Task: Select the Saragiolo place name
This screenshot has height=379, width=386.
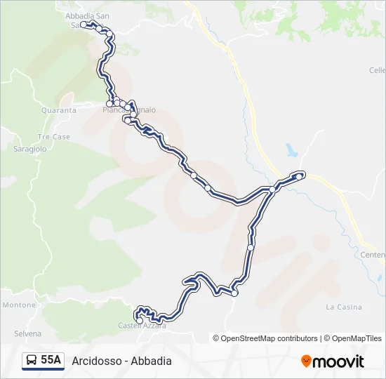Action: (29, 149)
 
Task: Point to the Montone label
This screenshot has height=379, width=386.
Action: (19, 305)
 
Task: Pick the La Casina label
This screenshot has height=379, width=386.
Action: (344, 307)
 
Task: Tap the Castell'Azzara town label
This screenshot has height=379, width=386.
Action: (142, 326)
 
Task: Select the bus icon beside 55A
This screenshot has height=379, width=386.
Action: (31, 361)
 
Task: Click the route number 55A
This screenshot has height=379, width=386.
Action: (51, 361)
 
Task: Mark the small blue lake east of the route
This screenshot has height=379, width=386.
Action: (291, 150)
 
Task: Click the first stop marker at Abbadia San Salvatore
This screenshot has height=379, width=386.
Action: (84, 25)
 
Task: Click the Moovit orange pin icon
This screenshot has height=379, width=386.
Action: (306, 361)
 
